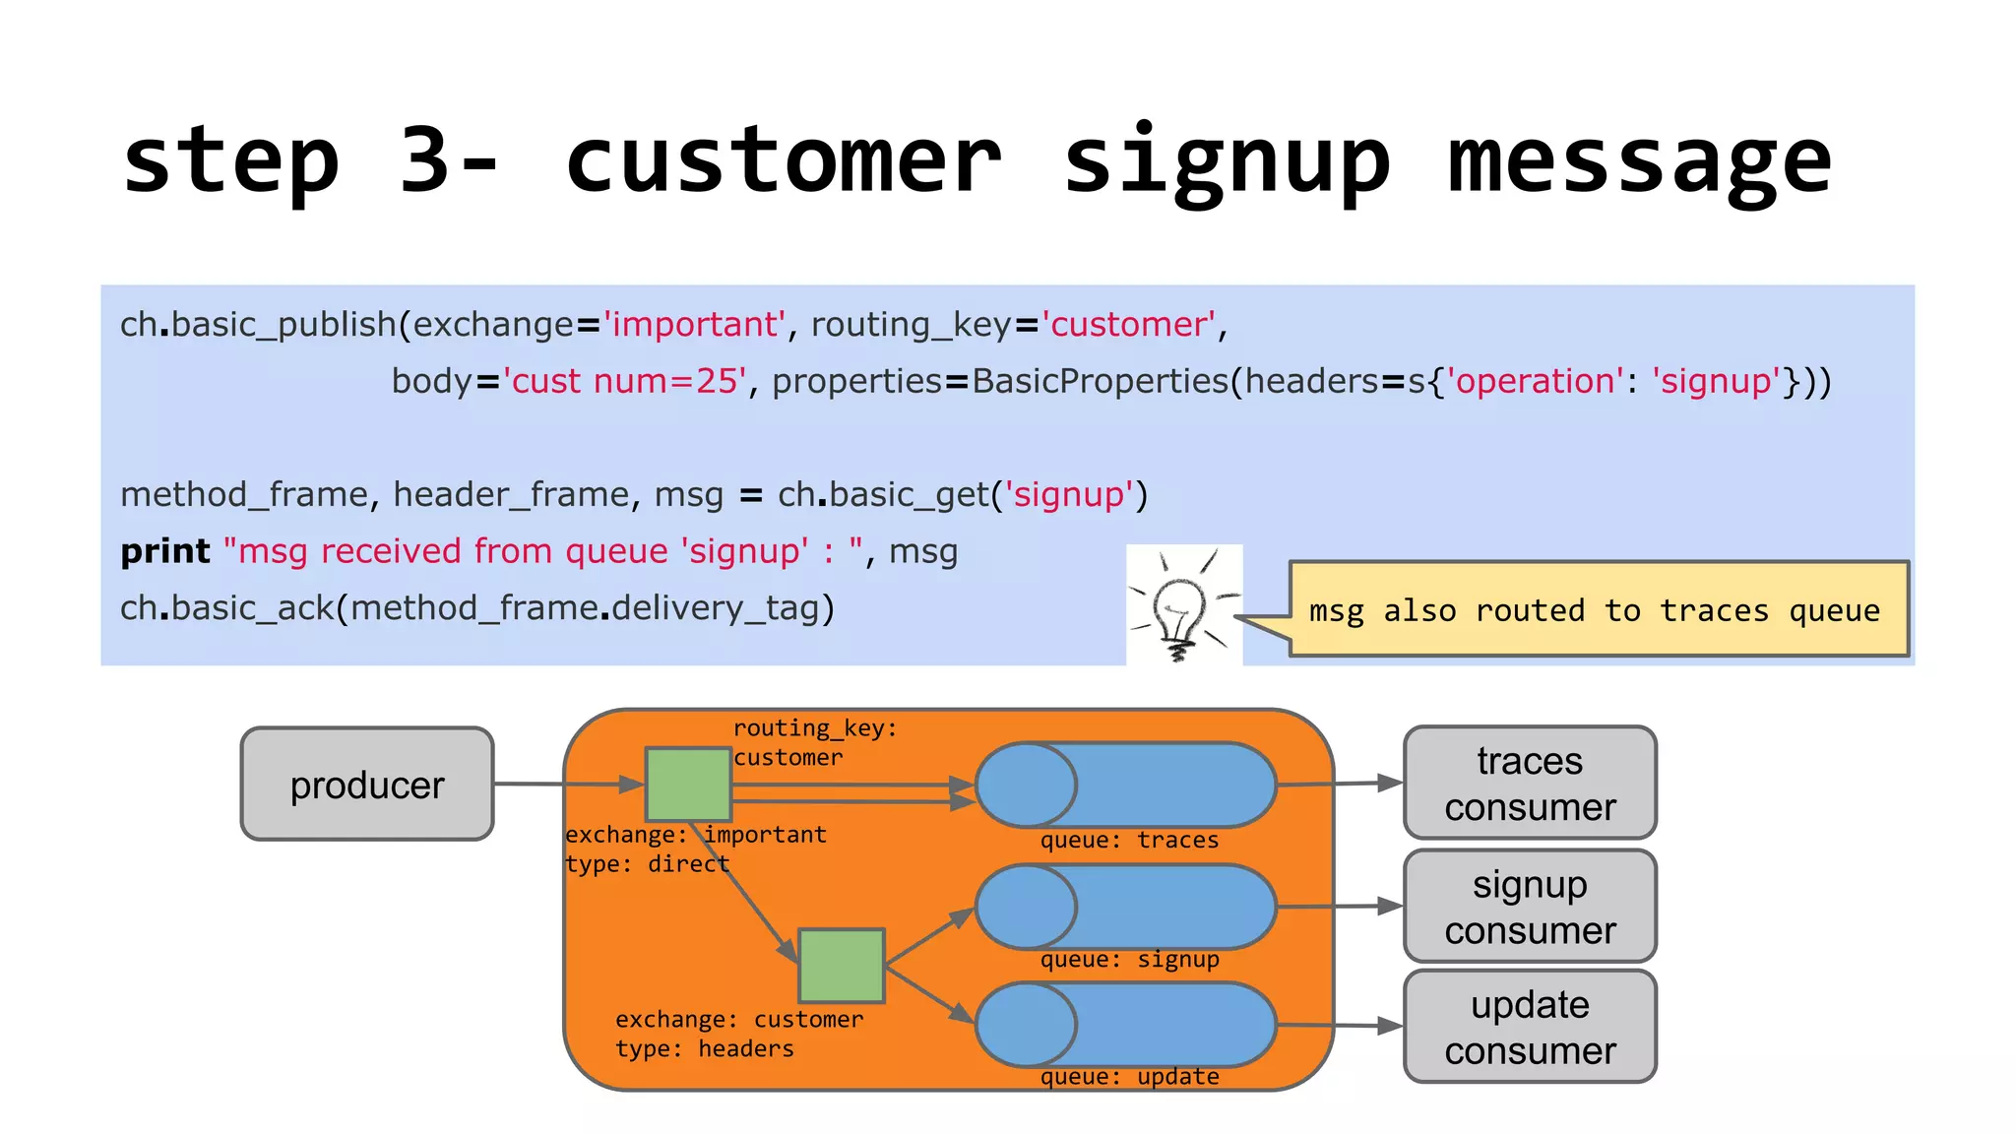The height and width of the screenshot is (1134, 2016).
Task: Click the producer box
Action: pyautogui.click(x=367, y=785)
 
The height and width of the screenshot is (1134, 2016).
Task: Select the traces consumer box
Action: pyautogui.click(x=1530, y=784)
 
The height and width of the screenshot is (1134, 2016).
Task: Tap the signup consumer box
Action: pyautogui.click(x=1530, y=907)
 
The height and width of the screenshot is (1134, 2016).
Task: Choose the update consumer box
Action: pyautogui.click(x=1530, y=1027)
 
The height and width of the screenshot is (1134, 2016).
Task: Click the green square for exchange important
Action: pyautogui.click(x=688, y=785)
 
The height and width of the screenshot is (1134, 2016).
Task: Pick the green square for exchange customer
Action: pyautogui.click(x=842, y=966)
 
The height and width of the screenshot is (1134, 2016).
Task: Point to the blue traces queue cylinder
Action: pyautogui.click(x=1125, y=785)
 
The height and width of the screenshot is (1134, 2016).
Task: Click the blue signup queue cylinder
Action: pyautogui.click(x=1125, y=907)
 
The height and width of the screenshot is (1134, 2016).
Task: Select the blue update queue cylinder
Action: pyautogui.click(x=1125, y=1025)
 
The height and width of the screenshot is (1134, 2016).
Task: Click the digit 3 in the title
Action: pyautogui.click(x=425, y=159)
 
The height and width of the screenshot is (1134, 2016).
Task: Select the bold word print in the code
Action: pyautogui.click(x=164, y=551)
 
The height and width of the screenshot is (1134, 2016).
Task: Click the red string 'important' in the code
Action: pyautogui.click(x=694, y=324)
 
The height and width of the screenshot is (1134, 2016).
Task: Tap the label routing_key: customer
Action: pyautogui.click(x=814, y=742)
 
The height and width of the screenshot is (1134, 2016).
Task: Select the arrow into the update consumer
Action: pyautogui.click(x=1339, y=1026)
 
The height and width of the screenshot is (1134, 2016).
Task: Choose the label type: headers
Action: pyautogui.click(x=704, y=1049)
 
